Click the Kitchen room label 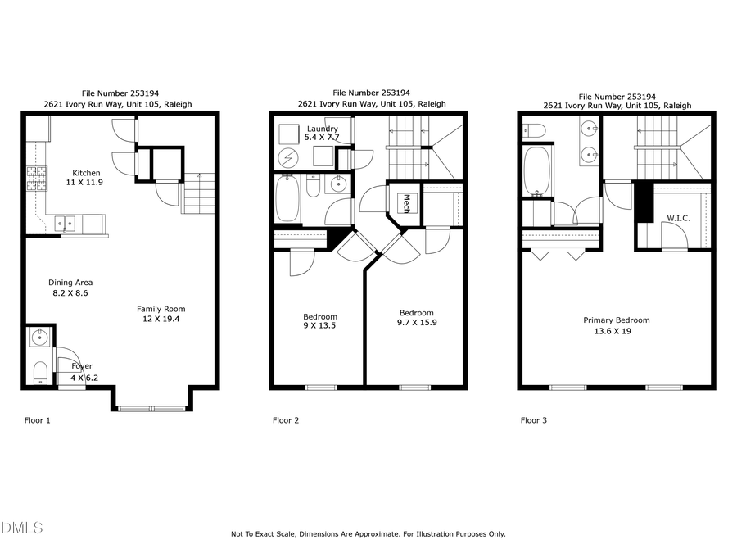(x=86, y=173)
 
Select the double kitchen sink (x=65, y=223)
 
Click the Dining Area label (x=70, y=283)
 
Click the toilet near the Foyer (x=40, y=374)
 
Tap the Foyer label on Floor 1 (x=82, y=366)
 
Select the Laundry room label (x=322, y=129)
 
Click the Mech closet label (x=405, y=203)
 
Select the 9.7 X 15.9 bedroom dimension (x=416, y=323)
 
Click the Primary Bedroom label (x=616, y=320)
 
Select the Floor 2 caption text (x=285, y=421)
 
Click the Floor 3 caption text (x=533, y=421)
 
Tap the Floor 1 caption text (x=37, y=421)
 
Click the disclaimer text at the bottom (x=368, y=534)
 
